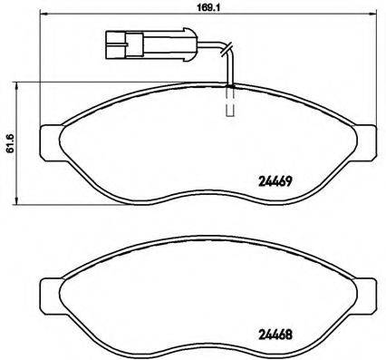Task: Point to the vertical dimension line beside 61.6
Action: [x=23, y=145]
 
